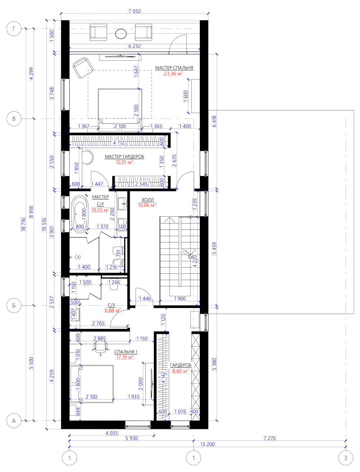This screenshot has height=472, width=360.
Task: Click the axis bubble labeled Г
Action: (14, 29)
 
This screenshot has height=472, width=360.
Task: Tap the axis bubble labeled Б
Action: (14, 306)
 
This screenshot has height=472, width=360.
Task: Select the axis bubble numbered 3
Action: (346, 458)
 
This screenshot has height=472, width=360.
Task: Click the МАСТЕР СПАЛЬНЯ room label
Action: (174, 68)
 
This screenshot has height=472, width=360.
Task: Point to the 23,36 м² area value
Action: (173, 73)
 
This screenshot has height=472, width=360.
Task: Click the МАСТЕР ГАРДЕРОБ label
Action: (125, 157)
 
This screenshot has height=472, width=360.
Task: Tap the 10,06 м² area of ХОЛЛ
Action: (147, 205)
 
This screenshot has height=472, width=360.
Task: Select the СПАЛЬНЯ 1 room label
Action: (126, 352)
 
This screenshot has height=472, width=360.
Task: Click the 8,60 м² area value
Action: (180, 371)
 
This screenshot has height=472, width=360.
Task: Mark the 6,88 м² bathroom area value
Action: (112, 310)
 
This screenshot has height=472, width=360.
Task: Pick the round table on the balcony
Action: (121, 33)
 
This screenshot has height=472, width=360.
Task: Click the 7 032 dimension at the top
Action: (135, 11)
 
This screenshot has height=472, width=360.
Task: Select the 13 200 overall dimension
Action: (207, 445)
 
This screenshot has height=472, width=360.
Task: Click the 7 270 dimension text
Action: (270, 438)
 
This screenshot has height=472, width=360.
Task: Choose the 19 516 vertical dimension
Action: (45, 225)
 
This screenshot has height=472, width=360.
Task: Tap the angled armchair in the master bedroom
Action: (82, 68)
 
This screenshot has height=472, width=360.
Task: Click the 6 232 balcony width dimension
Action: (135, 46)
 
